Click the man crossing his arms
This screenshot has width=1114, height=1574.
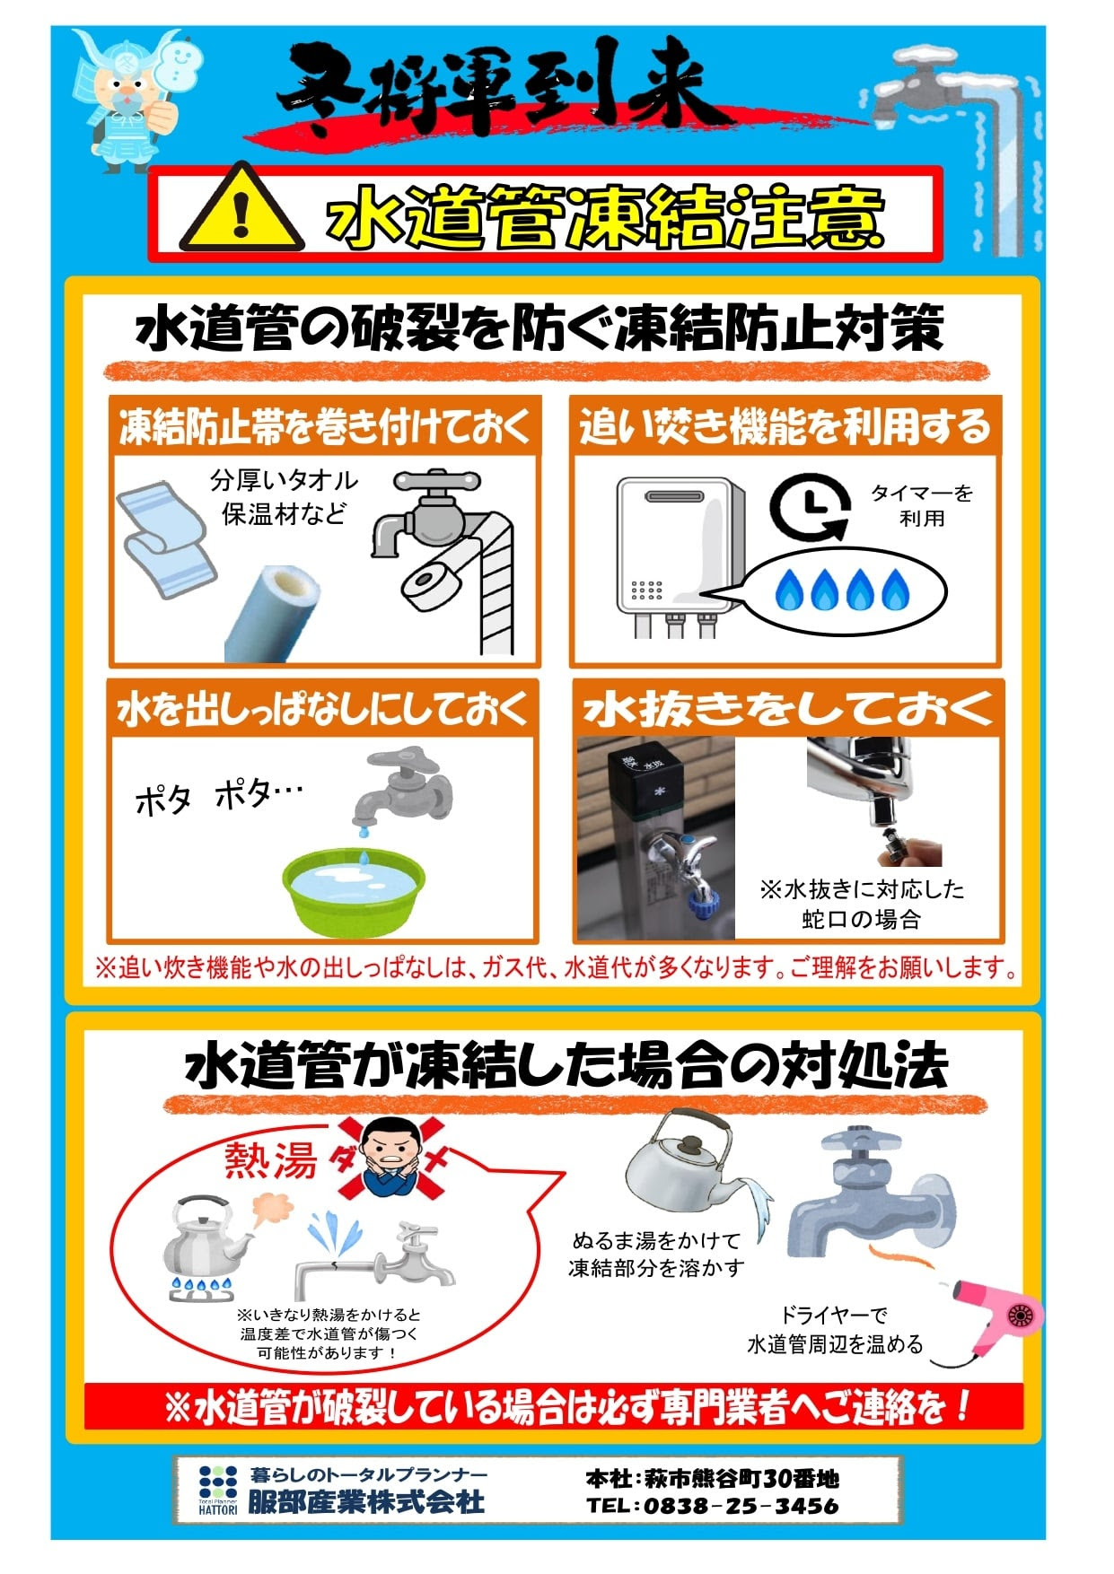392,1158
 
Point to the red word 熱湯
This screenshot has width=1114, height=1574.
270,1160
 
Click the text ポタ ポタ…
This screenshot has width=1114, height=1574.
218,795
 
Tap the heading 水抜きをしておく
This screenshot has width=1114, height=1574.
787,709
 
